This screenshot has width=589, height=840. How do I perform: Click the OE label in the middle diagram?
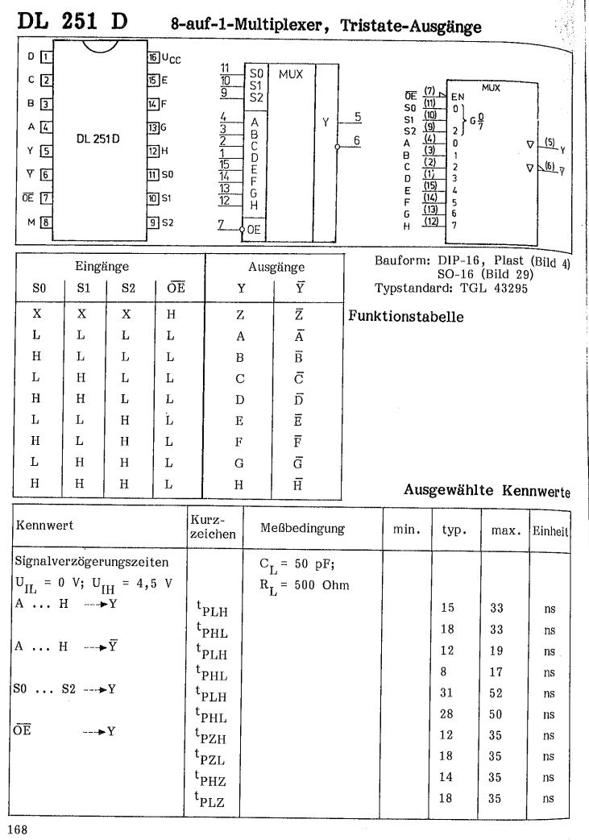point(255,230)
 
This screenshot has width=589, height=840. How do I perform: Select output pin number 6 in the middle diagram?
point(354,139)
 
